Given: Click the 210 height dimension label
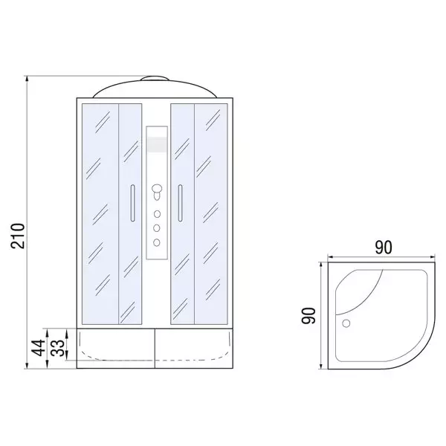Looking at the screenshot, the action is [18, 236].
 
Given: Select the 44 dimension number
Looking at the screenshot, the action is [38, 348].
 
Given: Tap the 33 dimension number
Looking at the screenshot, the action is [58, 348].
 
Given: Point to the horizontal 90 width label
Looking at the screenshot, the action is [383, 248].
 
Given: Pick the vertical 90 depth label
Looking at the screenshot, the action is [308, 315].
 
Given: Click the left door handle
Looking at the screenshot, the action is [132, 203].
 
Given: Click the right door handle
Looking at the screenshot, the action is [180, 203].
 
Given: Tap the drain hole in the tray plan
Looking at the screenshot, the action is [346, 323].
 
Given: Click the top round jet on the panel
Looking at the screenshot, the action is [157, 214].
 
